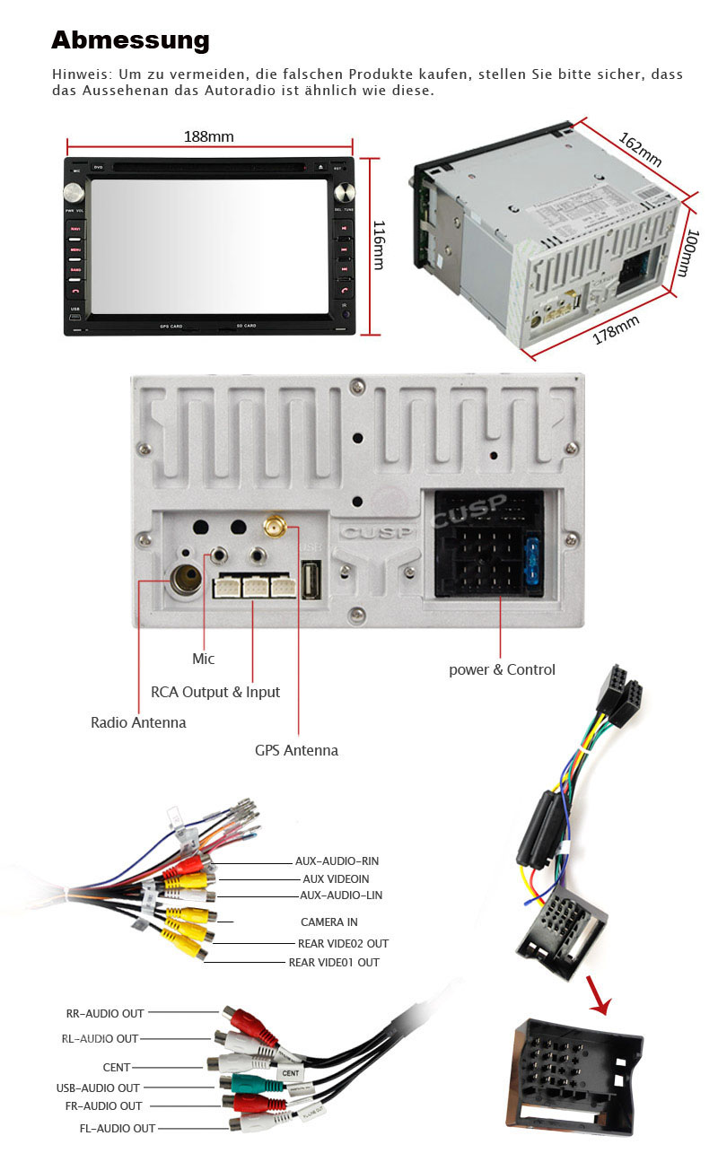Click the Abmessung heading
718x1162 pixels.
point(130,40)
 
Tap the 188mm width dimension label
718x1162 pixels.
point(209,136)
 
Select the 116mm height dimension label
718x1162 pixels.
point(379,244)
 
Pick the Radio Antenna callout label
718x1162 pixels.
point(138,722)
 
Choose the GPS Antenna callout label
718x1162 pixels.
point(296,750)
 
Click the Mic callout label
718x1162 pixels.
point(204,659)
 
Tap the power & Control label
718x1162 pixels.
point(502,669)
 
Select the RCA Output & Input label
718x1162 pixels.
point(215,692)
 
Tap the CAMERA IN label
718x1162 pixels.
point(328,922)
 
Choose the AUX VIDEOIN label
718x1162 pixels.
point(336,879)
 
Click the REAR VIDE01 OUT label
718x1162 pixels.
point(334,963)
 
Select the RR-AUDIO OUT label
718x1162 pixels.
point(105,1013)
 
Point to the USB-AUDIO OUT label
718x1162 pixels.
point(98,1088)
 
